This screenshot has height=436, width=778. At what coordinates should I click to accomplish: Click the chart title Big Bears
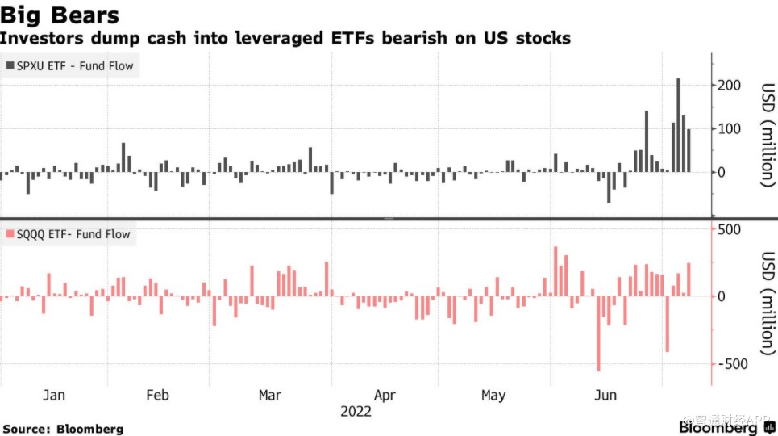pyautogui.click(x=60, y=15)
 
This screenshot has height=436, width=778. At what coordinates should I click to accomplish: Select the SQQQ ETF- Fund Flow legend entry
pyautogui.click(x=68, y=235)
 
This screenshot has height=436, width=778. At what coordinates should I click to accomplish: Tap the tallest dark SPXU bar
pyautogui.click(x=678, y=124)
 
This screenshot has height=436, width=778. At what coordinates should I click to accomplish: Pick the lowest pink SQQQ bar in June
pyautogui.click(x=598, y=333)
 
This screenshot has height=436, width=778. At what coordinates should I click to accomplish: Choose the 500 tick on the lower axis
pyautogui.click(x=728, y=229)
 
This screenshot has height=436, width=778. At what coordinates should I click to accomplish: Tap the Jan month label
pyautogui.click(x=53, y=395)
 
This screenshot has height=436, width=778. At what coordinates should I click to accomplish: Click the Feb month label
pyautogui.click(x=157, y=395)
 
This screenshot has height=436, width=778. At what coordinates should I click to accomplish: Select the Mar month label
pyautogui.click(x=269, y=395)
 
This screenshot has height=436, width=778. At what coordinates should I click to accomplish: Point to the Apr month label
pyautogui.click(x=385, y=395)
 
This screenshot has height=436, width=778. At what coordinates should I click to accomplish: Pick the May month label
pyautogui.click(x=493, y=395)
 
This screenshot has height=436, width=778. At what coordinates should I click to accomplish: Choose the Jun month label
pyautogui.click(x=605, y=395)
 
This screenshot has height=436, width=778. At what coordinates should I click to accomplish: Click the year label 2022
pyautogui.click(x=356, y=411)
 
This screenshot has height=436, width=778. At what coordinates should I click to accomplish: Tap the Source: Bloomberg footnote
pyautogui.click(x=63, y=429)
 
